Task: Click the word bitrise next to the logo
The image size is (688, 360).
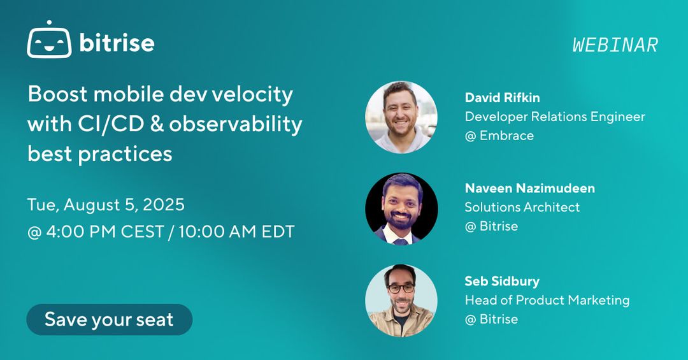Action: (117, 43)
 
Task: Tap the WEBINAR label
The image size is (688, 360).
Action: (615, 45)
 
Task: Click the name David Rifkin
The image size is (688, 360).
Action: (503, 97)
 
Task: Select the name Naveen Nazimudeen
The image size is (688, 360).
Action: (530, 188)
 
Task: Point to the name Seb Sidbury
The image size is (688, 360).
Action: (502, 281)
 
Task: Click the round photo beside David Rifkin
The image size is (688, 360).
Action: (401, 117)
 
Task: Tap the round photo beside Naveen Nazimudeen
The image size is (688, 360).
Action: (401, 208)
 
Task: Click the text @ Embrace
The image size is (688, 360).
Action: (499, 136)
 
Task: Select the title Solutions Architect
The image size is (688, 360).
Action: (522, 207)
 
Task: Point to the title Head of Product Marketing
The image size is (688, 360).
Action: (547, 300)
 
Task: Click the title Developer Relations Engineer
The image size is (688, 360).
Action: (555, 117)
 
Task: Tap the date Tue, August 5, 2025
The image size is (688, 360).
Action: (106, 205)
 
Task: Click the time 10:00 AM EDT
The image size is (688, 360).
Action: (236, 231)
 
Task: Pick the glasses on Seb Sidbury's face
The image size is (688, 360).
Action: (401, 288)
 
